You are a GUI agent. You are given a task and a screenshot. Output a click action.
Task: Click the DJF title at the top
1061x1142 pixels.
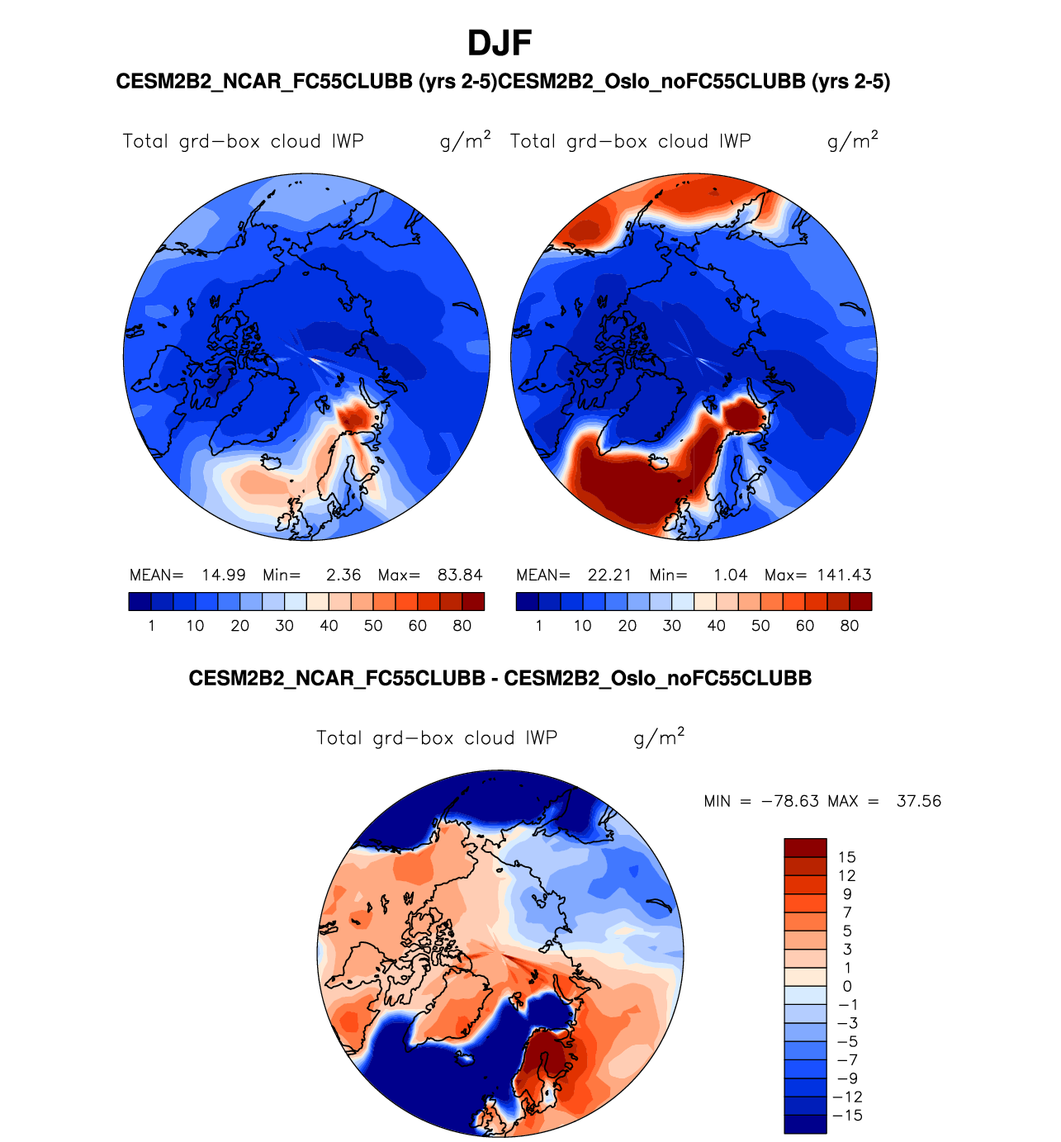click(500, 43)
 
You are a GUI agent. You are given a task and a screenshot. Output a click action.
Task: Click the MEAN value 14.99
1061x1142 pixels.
click(224, 575)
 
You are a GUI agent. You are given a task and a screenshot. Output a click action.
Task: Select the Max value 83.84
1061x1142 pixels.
click(460, 575)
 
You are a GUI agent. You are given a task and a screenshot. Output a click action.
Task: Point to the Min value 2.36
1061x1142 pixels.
click(343, 575)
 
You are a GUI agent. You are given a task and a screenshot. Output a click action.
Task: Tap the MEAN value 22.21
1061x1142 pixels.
click(609, 575)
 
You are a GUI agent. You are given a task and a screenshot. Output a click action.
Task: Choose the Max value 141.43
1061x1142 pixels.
click(844, 575)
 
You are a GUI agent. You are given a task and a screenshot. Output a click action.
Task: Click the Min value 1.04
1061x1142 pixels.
click(731, 575)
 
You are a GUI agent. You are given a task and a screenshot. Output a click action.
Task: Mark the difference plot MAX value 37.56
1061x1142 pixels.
click(919, 801)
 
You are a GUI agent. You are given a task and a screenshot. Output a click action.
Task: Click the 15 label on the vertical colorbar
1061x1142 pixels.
click(846, 857)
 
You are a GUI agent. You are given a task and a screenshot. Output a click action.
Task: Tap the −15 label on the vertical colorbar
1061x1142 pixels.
click(849, 1116)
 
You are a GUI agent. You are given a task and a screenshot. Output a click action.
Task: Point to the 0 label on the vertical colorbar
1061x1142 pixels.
click(846, 986)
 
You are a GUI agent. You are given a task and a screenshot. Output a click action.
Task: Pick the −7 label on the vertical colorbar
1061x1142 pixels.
click(848, 1060)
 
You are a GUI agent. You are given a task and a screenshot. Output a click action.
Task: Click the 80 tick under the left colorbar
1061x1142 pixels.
click(462, 626)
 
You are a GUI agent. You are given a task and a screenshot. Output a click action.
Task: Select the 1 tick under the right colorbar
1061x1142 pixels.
click(539, 626)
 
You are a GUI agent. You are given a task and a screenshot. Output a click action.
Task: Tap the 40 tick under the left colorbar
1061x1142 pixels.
click(329, 626)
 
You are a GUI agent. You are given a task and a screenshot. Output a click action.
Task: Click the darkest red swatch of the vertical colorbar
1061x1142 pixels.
click(805, 848)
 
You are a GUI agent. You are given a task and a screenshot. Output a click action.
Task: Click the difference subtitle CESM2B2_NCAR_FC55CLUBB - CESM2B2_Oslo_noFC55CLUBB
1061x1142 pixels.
click(500, 679)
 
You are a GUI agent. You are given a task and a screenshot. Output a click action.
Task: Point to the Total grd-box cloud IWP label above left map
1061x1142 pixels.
click(243, 141)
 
